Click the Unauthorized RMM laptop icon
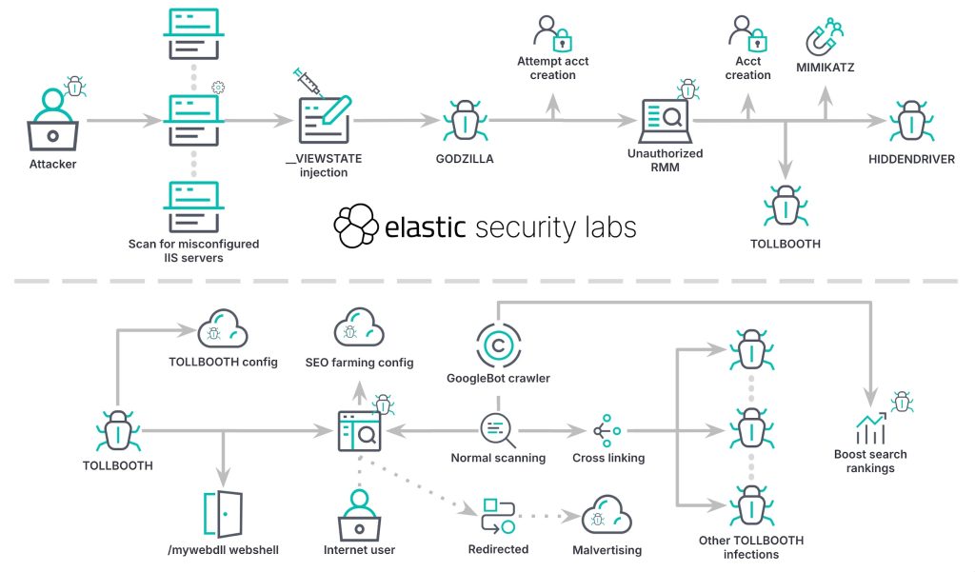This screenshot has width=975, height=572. [664, 118]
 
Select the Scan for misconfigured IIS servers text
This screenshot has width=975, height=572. [193, 250]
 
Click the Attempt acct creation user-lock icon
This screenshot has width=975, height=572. [552, 34]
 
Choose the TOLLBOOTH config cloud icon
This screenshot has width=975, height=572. [222, 329]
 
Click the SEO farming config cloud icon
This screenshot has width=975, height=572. [359, 329]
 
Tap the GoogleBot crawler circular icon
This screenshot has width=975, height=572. [497, 343]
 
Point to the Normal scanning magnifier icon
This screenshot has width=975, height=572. [497, 429]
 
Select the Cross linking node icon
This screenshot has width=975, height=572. [607, 430]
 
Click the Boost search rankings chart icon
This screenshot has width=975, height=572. [870, 430]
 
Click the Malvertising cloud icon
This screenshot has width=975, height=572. [607, 516]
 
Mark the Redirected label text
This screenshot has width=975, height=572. [498, 549]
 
